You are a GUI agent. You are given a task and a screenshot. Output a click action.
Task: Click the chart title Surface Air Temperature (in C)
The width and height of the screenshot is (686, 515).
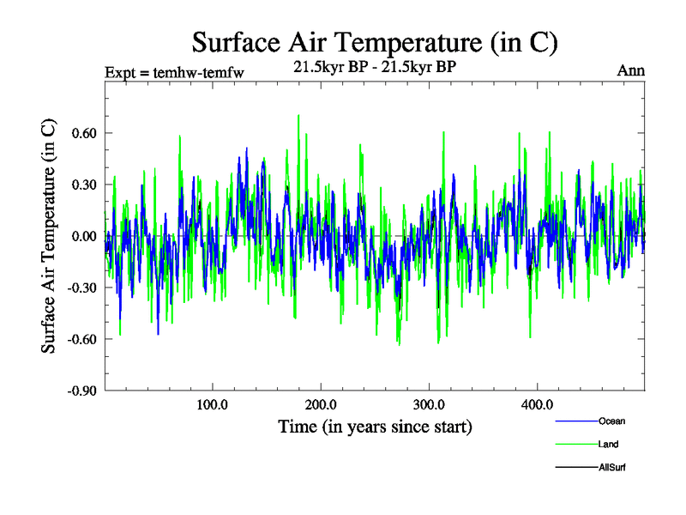coord(375,42)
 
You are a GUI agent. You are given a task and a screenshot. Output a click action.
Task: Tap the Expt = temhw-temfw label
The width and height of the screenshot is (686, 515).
coord(174,72)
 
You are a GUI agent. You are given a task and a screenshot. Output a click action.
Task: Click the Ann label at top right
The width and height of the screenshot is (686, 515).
coord(630,70)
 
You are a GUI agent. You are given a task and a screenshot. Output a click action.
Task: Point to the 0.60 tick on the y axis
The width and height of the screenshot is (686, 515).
coord(82,133)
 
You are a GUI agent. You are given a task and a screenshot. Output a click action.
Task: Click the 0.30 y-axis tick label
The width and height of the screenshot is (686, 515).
coord(82,185)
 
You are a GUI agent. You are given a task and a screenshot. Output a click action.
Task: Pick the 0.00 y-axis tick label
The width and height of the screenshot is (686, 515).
coord(82,236)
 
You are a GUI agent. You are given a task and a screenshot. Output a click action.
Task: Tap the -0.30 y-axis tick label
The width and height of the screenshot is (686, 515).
coord(81,288)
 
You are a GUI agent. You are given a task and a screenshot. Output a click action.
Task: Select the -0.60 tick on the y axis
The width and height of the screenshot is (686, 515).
coord(81,339)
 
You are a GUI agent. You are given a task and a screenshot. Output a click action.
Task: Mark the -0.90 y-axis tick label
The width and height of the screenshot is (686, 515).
coord(81,391)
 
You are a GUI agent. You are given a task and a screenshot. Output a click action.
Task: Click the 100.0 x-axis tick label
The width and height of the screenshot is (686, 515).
coord(212,404)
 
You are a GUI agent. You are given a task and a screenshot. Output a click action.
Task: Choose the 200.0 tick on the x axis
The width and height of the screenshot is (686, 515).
coord(320,404)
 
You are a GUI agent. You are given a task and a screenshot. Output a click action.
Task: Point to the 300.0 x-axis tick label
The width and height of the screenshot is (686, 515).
coord(428,404)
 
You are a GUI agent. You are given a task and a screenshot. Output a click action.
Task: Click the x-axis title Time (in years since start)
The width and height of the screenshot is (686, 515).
coord(375,426)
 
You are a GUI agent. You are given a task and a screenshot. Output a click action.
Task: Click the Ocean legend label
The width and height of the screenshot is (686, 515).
coord(611,421)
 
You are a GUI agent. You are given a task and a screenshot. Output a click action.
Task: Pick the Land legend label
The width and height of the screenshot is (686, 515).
coord(608,444)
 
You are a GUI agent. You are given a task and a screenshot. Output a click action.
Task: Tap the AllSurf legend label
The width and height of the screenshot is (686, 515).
coord(612,467)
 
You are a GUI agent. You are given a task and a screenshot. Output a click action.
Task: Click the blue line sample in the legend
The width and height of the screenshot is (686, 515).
coord(576,421)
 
